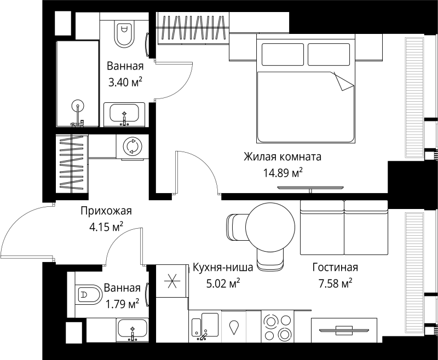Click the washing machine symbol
click(x=130, y=146)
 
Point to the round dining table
click(x=270, y=228)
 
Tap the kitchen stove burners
click(x=278, y=327)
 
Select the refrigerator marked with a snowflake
click(x=171, y=281)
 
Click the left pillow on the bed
click(x=283, y=54)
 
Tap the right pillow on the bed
click(x=329, y=54)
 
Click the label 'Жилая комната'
click(x=283, y=157)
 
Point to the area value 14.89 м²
click(x=283, y=173)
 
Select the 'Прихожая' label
click(x=106, y=211)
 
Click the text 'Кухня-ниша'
click(x=223, y=268)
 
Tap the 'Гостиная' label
click(x=335, y=268)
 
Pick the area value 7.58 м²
click(x=335, y=283)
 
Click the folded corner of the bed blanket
click(x=343, y=82)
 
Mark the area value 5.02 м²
click(x=223, y=283)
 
